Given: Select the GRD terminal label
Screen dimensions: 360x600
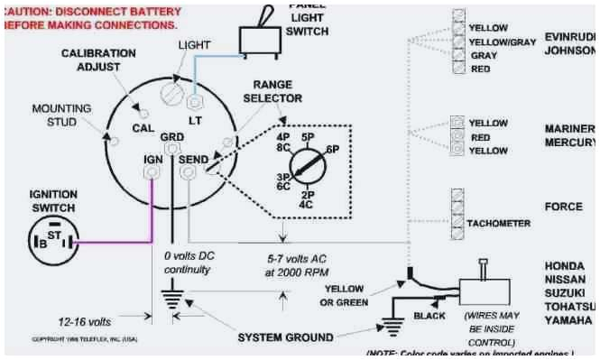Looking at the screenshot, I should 171,137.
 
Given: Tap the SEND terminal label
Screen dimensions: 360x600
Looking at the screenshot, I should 194,159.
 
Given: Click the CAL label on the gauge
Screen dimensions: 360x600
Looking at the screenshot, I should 142,128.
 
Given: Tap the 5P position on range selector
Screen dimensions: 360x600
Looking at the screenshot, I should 308,137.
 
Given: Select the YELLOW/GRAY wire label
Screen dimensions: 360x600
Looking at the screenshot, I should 503,42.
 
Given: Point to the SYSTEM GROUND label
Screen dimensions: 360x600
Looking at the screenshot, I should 285,337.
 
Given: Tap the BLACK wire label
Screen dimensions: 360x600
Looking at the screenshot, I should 429,315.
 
